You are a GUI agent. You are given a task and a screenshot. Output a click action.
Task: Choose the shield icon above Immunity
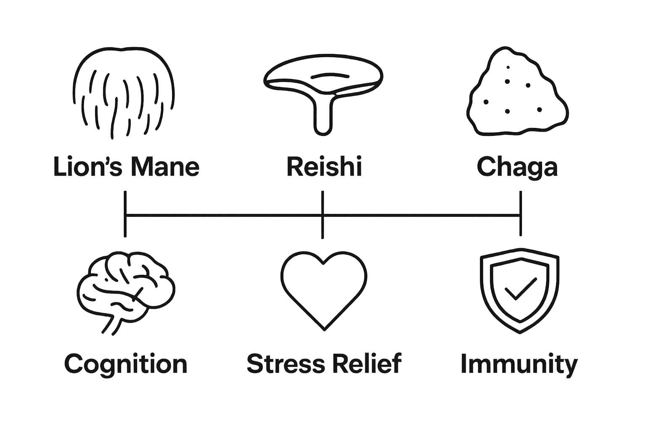(520, 290)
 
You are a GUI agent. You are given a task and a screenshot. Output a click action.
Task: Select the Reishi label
(324, 167)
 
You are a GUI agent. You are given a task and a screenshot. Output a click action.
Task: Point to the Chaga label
(517, 168)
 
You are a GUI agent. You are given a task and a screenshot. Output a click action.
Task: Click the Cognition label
(125, 364)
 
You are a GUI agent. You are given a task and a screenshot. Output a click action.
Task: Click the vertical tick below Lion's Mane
(125, 214)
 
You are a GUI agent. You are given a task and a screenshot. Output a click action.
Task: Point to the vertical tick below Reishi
(323, 215)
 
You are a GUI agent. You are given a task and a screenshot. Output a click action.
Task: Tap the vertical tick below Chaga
(521, 214)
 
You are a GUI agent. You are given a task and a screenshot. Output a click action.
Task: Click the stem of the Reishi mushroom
(323, 118)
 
